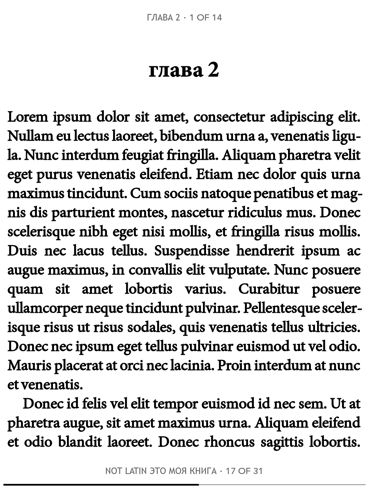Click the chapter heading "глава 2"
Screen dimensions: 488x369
click(184, 70)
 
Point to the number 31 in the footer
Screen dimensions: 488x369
click(258, 471)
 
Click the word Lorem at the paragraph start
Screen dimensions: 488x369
click(28, 117)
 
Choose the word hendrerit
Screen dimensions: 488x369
click(265, 251)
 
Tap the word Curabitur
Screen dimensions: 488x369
click(269, 289)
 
